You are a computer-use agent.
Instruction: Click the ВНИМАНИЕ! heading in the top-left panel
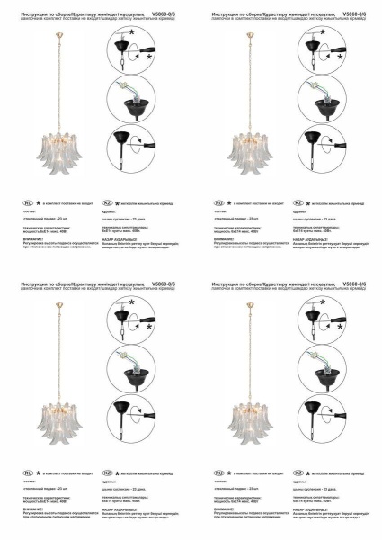(x=32, y=237)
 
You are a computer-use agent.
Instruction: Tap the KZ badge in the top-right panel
(x=298, y=203)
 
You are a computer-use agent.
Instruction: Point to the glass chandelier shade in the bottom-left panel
(x=58, y=415)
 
